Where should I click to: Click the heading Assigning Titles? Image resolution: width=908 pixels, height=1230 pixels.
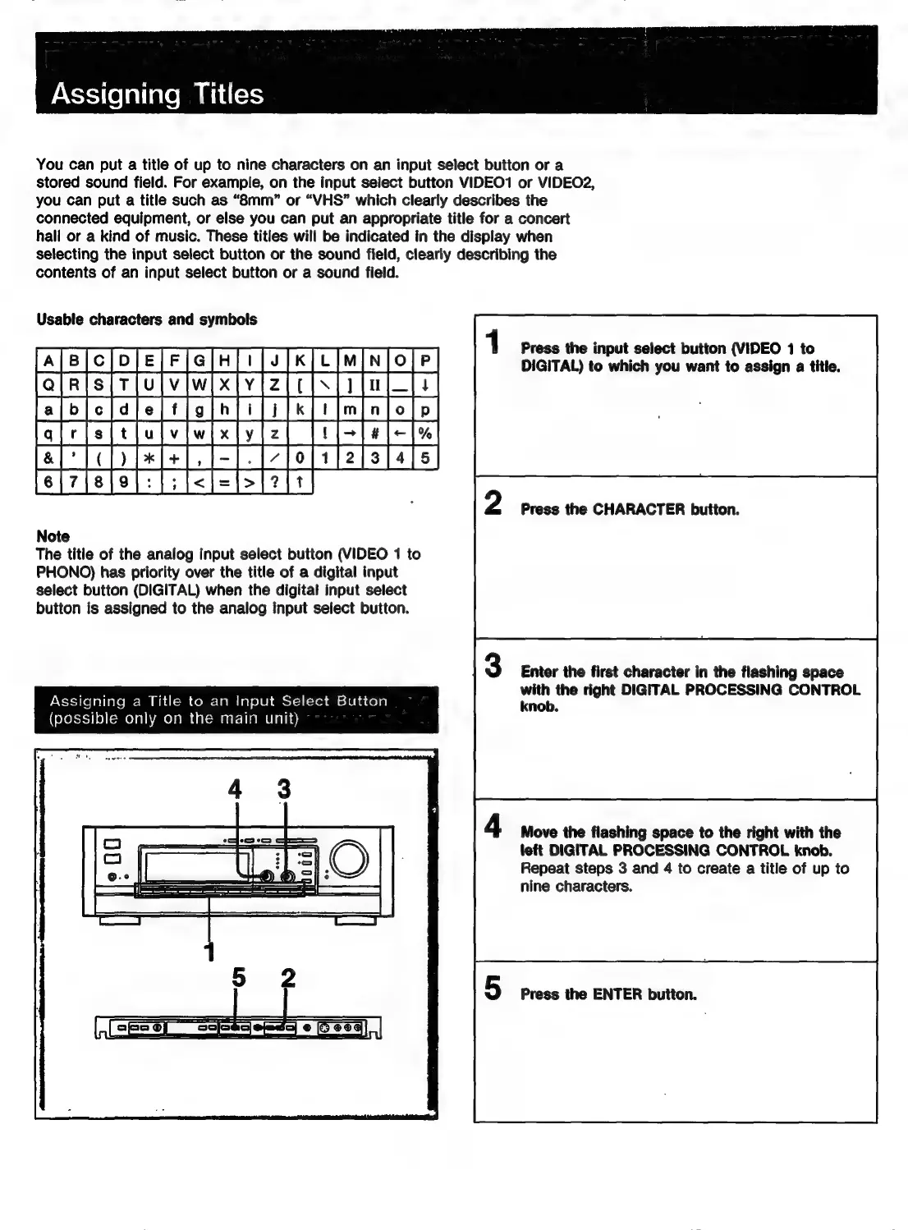click(157, 94)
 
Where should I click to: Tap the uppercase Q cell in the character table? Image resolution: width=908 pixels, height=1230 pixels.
click(49, 384)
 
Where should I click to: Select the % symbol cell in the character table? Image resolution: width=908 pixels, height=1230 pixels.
click(425, 434)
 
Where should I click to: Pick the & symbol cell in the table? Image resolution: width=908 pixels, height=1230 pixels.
click(49, 458)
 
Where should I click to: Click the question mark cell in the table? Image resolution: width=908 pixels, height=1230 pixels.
click(275, 483)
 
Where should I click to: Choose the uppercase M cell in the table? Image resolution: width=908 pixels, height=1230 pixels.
click(351, 360)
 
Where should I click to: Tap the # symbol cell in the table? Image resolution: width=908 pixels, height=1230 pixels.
click(375, 434)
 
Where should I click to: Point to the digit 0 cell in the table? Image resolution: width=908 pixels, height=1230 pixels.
click(300, 458)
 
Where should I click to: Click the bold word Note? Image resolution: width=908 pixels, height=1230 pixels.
click(53, 536)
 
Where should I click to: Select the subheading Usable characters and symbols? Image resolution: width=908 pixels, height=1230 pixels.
click(146, 319)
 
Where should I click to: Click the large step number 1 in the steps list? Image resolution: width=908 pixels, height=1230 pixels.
click(493, 342)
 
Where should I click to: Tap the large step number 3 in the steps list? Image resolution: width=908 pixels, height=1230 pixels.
click(493, 665)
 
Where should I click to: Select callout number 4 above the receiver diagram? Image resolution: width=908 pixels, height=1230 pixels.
click(236, 789)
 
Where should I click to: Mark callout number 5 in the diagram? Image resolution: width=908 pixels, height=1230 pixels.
click(238, 977)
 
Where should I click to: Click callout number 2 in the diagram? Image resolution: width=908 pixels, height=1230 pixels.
click(287, 977)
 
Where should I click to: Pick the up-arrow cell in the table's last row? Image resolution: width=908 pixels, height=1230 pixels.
click(300, 483)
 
